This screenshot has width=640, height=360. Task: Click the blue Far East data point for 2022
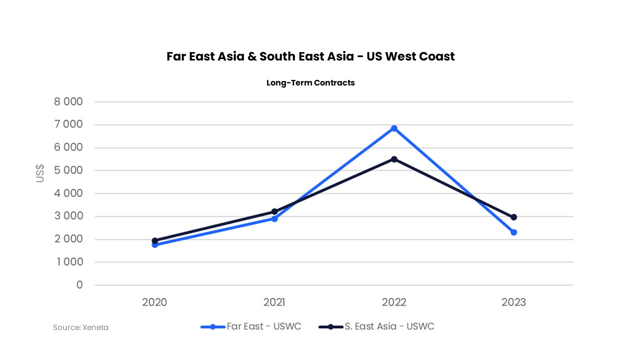click(394, 128)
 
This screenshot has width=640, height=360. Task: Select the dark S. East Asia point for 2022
click(394, 159)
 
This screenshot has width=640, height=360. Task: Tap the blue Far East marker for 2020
click(155, 244)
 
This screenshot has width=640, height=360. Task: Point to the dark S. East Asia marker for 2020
click(155, 240)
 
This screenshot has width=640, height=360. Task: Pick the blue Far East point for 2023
click(513, 232)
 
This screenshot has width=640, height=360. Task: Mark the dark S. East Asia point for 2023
click(513, 217)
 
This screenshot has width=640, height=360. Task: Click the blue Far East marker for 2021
click(274, 218)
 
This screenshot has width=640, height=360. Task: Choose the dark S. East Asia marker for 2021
click(274, 211)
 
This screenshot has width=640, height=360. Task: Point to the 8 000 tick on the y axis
click(68, 102)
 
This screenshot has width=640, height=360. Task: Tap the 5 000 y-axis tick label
click(68, 170)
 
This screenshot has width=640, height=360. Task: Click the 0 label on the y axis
click(79, 285)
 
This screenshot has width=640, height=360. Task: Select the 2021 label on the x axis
click(274, 302)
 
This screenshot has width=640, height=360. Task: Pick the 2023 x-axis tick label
click(513, 302)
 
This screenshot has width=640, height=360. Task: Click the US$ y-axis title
click(40, 173)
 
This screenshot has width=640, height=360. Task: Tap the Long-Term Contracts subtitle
click(310, 83)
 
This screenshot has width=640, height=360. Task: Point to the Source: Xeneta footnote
click(80, 327)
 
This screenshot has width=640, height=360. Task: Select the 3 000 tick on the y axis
click(68, 216)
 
